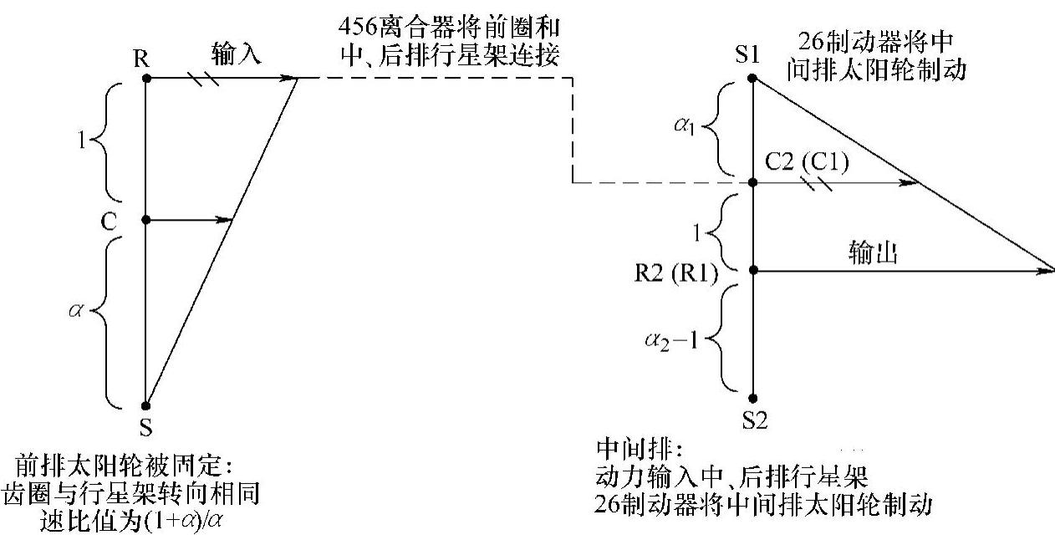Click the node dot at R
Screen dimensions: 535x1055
(145, 78)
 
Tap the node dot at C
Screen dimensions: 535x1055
(145, 220)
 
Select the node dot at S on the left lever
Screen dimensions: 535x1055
(145, 405)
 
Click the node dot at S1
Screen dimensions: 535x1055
(752, 79)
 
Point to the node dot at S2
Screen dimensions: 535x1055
(752, 399)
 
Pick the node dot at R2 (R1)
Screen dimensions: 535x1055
(752, 270)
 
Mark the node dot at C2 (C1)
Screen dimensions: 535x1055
(752, 182)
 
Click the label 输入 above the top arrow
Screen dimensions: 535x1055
(236, 56)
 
